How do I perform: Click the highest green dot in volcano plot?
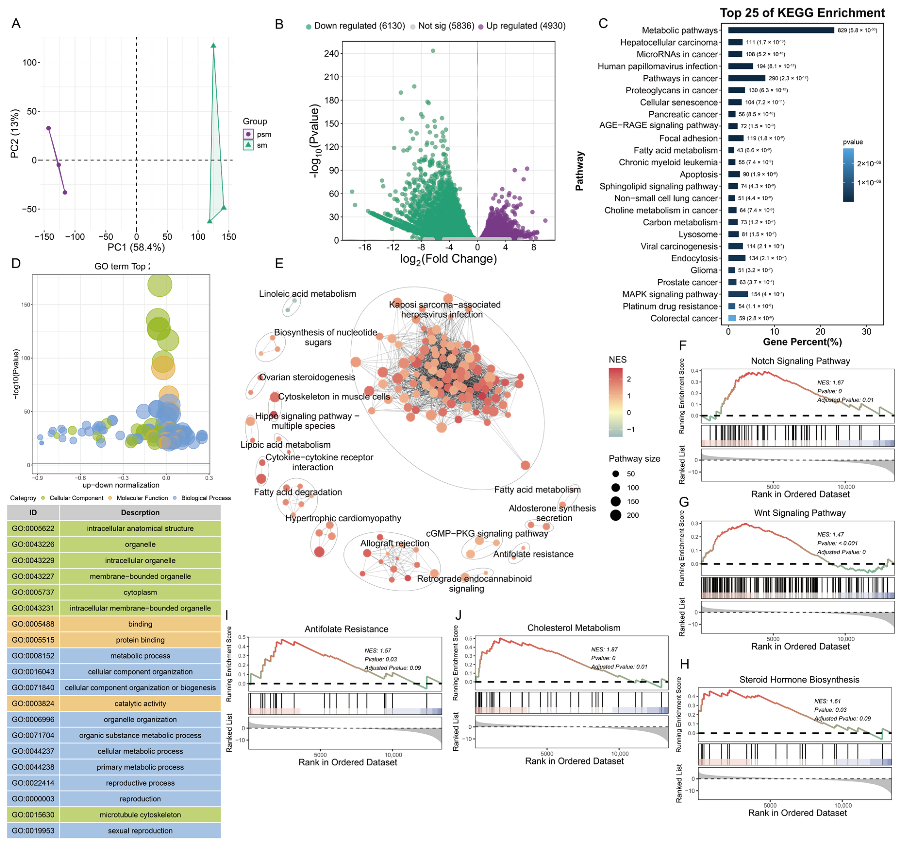pyautogui.click(x=433, y=51)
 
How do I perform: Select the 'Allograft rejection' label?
pyautogui.click(x=394, y=543)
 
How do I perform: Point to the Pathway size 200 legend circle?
pyautogui.click(x=616, y=515)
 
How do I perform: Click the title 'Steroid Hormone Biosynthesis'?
pyautogui.click(x=799, y=679)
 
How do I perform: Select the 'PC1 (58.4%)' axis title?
pyautogui.click(x=136, y=247)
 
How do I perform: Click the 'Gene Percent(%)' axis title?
pyautogui.click(x=802, y=342)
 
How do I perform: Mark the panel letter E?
pyautogui.click(x=279, y=264)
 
